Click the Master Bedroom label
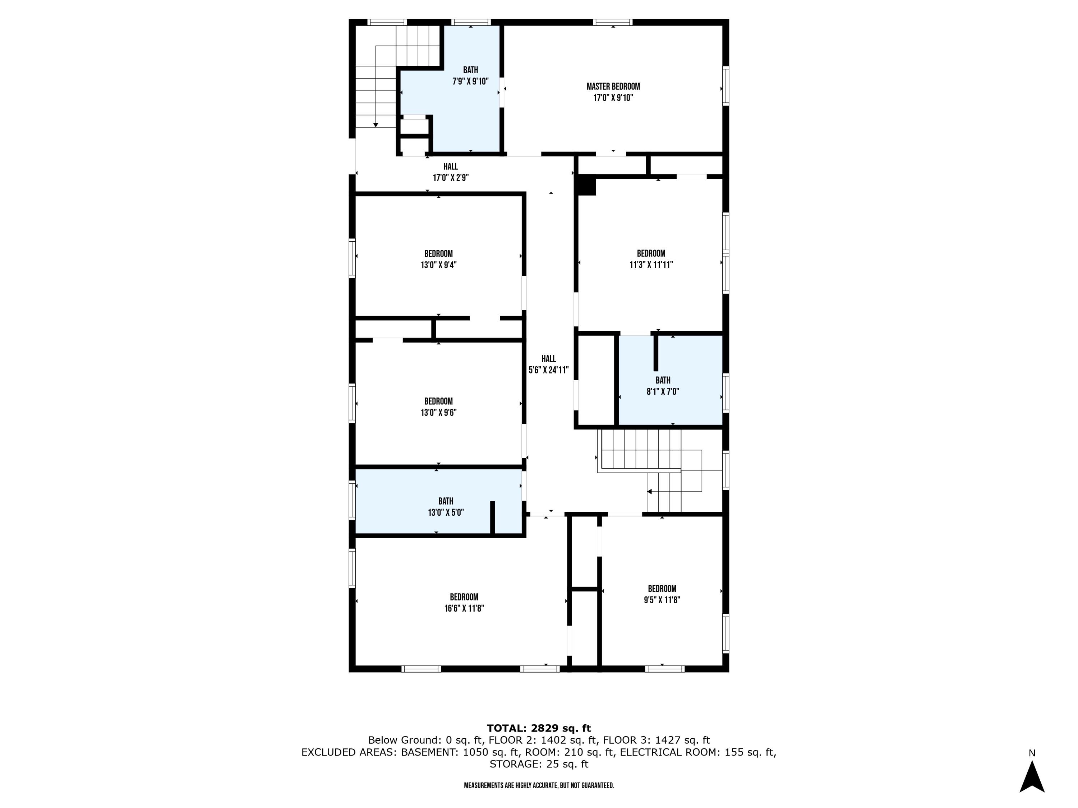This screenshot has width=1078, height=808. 613,86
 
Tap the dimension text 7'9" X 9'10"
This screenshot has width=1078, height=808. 470,81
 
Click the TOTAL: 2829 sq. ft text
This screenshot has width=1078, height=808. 539,728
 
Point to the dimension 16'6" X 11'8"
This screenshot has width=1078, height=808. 464,608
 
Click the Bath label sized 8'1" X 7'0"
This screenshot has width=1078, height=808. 662,380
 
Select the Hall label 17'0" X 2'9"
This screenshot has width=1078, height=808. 450,167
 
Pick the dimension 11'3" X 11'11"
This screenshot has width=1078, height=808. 651,264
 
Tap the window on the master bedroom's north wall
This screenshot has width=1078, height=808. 613,22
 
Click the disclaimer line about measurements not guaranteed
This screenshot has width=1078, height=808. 539,786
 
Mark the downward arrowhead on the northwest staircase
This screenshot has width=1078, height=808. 376,125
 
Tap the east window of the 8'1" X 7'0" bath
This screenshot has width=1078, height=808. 725,393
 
